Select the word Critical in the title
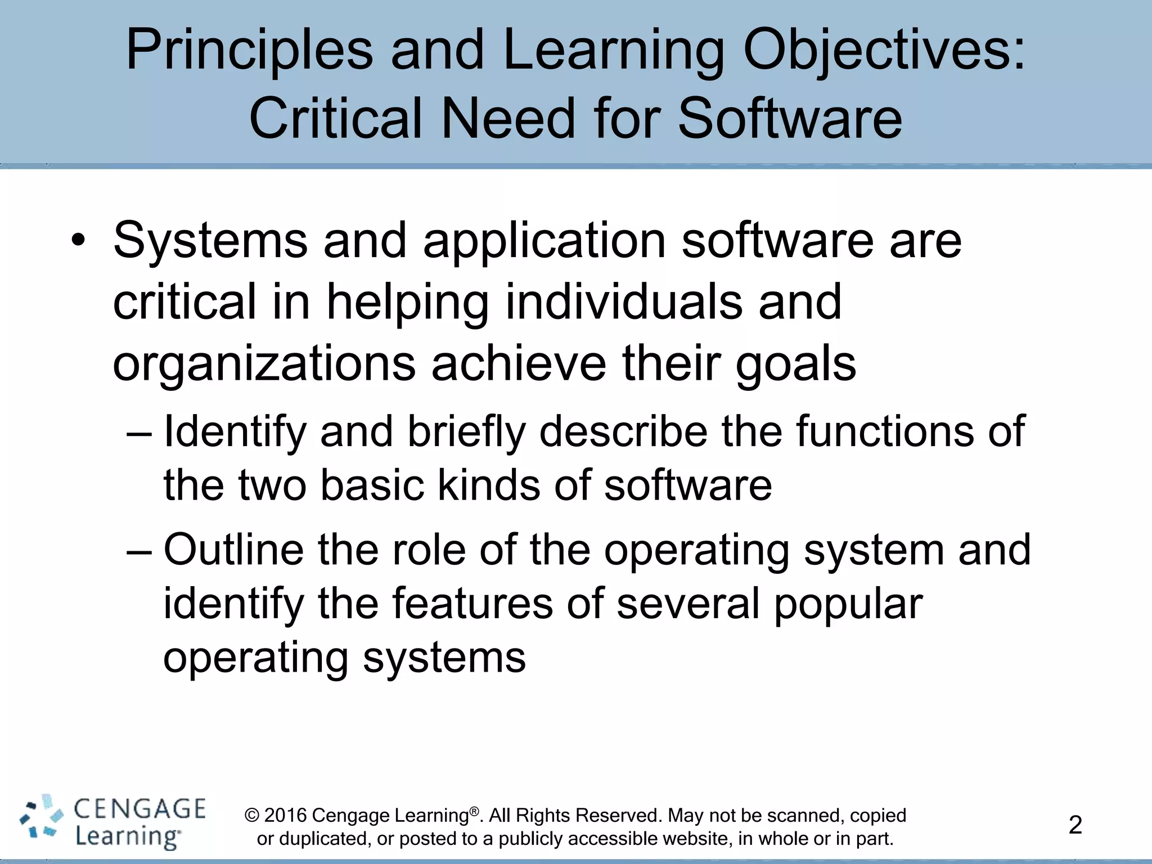point(336,119)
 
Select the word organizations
point(264,364)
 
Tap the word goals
point(795,364)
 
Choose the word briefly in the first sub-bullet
point(466,432)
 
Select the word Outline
point(233,550)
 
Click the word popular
point(848,604)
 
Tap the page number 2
point(1075,825)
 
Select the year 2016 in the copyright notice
point(285,816)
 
